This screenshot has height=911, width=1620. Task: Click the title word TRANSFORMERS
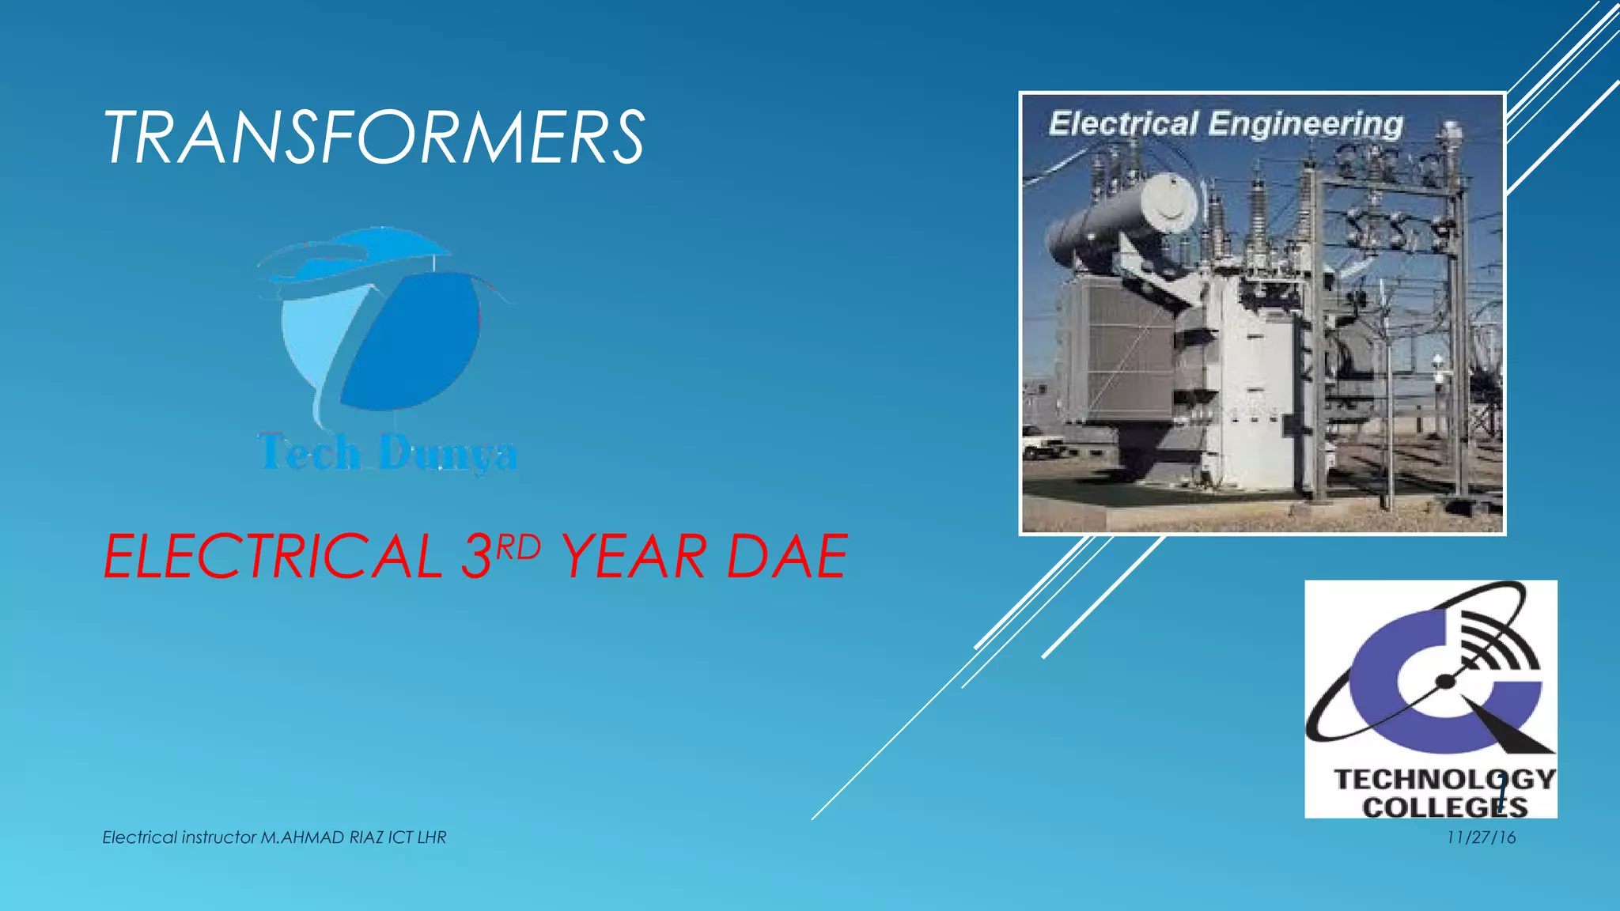[374, 138]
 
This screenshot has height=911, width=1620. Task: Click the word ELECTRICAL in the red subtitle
[272, 557]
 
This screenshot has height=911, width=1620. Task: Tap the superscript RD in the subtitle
[518, 546]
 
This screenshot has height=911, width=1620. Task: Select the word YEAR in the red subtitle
[633, 557]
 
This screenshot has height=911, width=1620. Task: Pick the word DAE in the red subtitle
[787, 557]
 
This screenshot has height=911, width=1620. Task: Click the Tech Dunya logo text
[388, 453]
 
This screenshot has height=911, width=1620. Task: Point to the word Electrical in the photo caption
[1122, 124]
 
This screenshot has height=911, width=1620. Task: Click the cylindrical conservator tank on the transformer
[1123, 217]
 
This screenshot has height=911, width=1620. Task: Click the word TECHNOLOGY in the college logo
[1444, 780]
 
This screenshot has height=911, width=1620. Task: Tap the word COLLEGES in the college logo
[1444, 807]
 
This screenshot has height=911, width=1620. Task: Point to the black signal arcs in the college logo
[1495, 641]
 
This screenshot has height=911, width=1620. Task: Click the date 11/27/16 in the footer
[1481, 837]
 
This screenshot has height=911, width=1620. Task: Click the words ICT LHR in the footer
[417, 837]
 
